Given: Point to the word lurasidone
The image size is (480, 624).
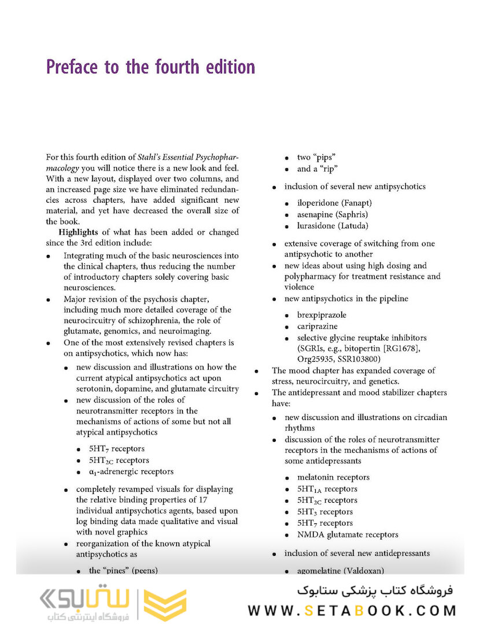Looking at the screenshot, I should click(319, 226).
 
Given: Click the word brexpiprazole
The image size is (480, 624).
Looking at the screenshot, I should click(323, 315).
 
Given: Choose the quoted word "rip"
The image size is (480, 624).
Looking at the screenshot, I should click(327, 169).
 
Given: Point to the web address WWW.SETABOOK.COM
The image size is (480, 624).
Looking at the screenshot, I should click(352, 610).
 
